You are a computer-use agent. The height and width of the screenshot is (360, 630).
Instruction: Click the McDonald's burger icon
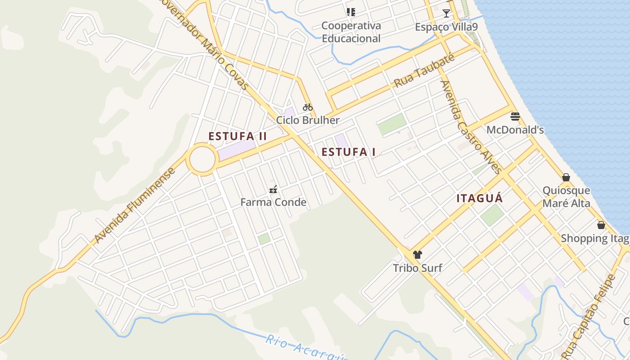515,117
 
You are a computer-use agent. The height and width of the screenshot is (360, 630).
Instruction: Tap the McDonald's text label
515,130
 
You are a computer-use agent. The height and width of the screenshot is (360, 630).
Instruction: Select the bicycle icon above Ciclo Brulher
308,107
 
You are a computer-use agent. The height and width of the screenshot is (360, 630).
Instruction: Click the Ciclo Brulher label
308,120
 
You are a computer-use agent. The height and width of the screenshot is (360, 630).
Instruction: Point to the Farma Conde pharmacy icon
273,189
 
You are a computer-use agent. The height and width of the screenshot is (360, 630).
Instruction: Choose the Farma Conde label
273,202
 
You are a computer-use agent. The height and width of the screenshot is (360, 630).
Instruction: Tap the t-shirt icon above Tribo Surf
418,255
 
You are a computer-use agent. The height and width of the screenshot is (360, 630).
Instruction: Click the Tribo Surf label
418,268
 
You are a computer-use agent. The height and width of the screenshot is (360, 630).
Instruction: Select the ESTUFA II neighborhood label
238,136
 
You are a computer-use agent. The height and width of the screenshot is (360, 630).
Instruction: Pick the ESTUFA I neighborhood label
349,152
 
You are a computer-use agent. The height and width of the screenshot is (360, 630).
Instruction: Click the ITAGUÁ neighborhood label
480,198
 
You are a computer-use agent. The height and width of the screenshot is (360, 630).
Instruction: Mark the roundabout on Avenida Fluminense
202,159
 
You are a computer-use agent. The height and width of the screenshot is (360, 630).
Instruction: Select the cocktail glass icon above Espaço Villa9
446,13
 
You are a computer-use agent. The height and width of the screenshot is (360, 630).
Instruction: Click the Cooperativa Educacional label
351,32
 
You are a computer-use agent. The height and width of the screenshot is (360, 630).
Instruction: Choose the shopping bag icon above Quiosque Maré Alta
566,177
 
